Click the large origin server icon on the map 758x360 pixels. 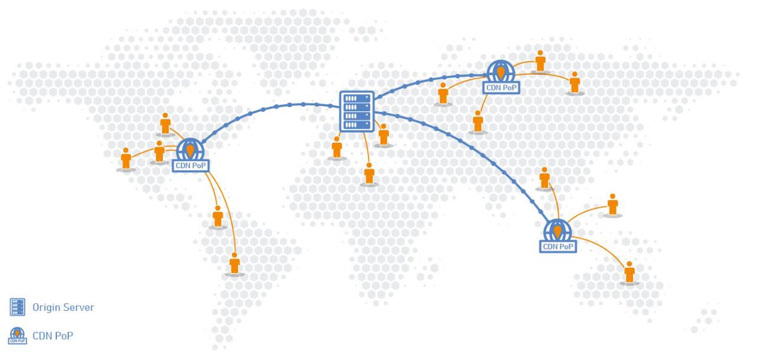click(x=357, y=111)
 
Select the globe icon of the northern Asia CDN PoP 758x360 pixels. click(x=500, y=71)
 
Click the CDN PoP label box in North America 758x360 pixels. click(x=191, y=165)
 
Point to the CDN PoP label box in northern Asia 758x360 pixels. click(x=501, y=88)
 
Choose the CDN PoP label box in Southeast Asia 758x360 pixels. click(x=558, y=246)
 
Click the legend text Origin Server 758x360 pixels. click(x=63, y=308)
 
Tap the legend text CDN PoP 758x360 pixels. click(x=53, y=336)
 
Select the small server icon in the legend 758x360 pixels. click(x=18, y=307)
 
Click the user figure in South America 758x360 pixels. click(x=234, y=263)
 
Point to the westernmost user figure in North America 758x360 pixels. click(x=126, y=159)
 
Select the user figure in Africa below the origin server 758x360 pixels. click(x=369, y=173)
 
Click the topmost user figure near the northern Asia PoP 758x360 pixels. click(x=540, y=61)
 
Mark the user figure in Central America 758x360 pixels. click(x=218, y=216)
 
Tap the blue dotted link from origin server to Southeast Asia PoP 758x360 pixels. click(x=480, y=152)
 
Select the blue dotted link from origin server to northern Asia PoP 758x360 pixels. click(x=430, y=82)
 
